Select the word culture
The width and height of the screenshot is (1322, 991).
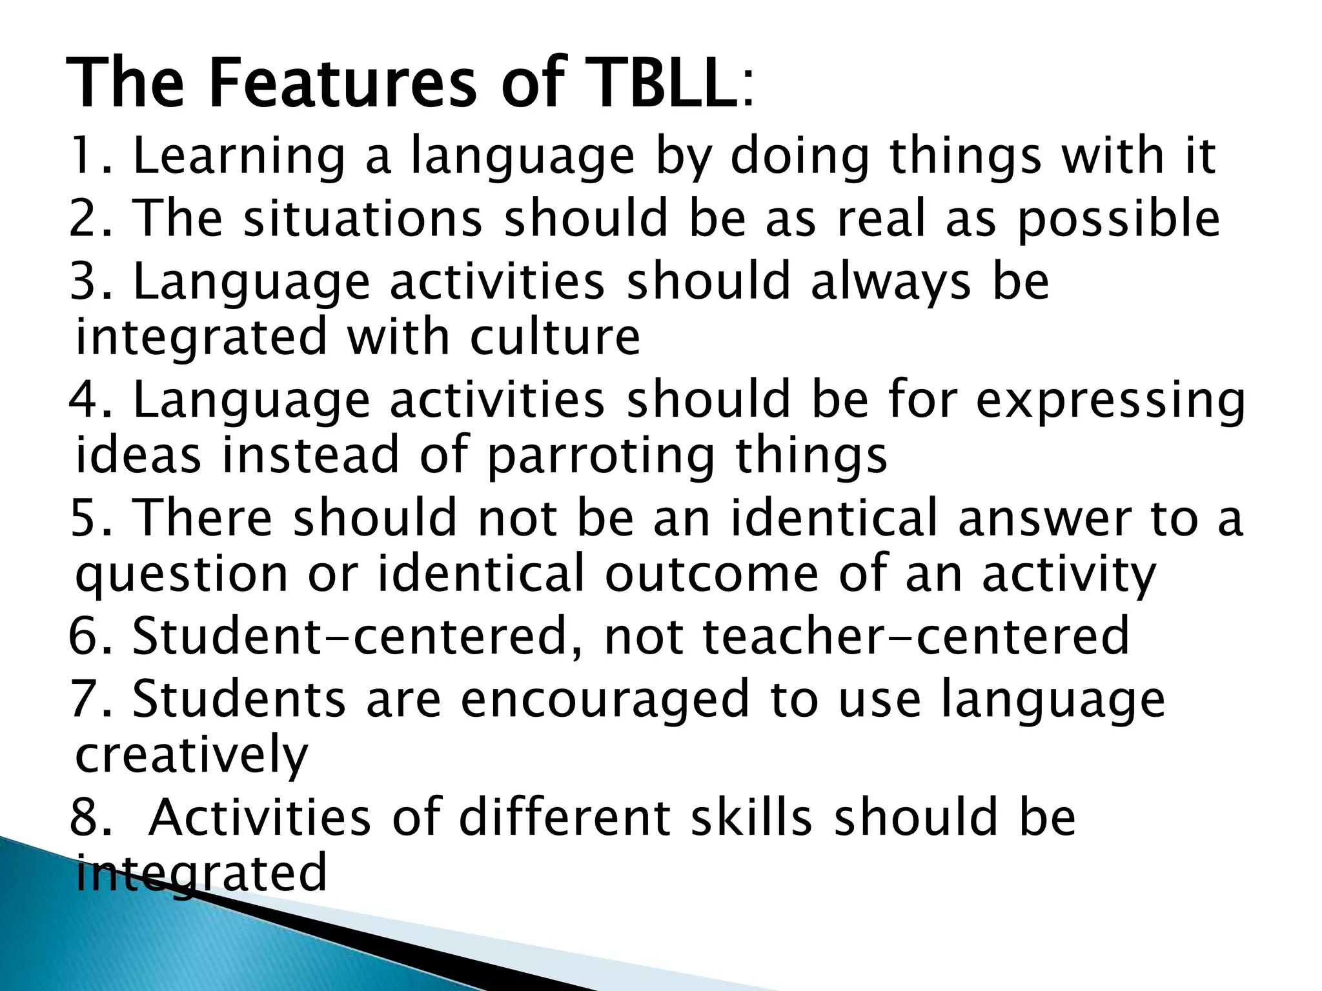(x=555, y=336)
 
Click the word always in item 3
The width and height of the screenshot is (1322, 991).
(x=890, y=283)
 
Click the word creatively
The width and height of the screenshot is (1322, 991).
(x=192, y=754)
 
